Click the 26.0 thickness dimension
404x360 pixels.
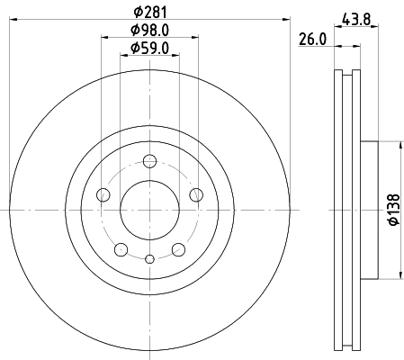coord(310,40)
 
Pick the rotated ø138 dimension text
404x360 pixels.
coord(392,209)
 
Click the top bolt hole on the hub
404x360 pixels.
coord(150,162)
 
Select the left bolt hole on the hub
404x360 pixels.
coord(103,195)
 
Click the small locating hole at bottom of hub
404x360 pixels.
coord(149,259)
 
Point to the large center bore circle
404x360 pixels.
coord(149,210)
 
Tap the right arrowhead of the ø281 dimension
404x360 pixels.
coord(288,18)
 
